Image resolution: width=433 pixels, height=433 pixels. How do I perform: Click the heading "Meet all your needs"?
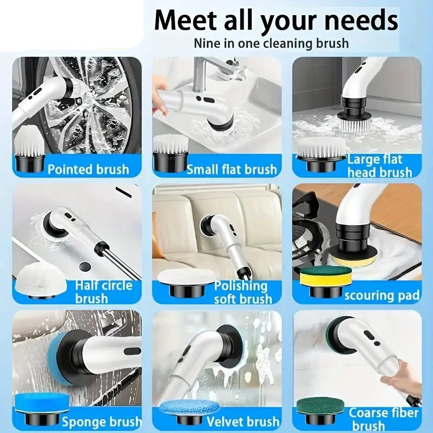276,20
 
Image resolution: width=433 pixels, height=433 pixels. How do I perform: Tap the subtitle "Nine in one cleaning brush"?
271,44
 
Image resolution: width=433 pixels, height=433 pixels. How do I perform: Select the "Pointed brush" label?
88,169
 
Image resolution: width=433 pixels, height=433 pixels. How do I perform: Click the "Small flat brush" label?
232,169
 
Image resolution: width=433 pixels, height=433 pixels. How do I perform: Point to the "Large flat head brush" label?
380,166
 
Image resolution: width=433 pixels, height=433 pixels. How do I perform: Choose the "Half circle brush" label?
103,292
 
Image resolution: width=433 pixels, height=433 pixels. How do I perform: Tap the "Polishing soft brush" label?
243,292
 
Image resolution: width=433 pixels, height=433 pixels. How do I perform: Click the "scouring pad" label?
382,295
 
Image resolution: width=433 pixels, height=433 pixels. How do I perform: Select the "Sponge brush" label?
102,422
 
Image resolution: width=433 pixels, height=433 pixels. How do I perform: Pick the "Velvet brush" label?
243,422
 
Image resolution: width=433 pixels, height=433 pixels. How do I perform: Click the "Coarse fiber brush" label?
383,419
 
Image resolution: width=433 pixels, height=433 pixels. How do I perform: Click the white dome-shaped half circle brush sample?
41,279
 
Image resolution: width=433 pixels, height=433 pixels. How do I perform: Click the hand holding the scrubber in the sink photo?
161,97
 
